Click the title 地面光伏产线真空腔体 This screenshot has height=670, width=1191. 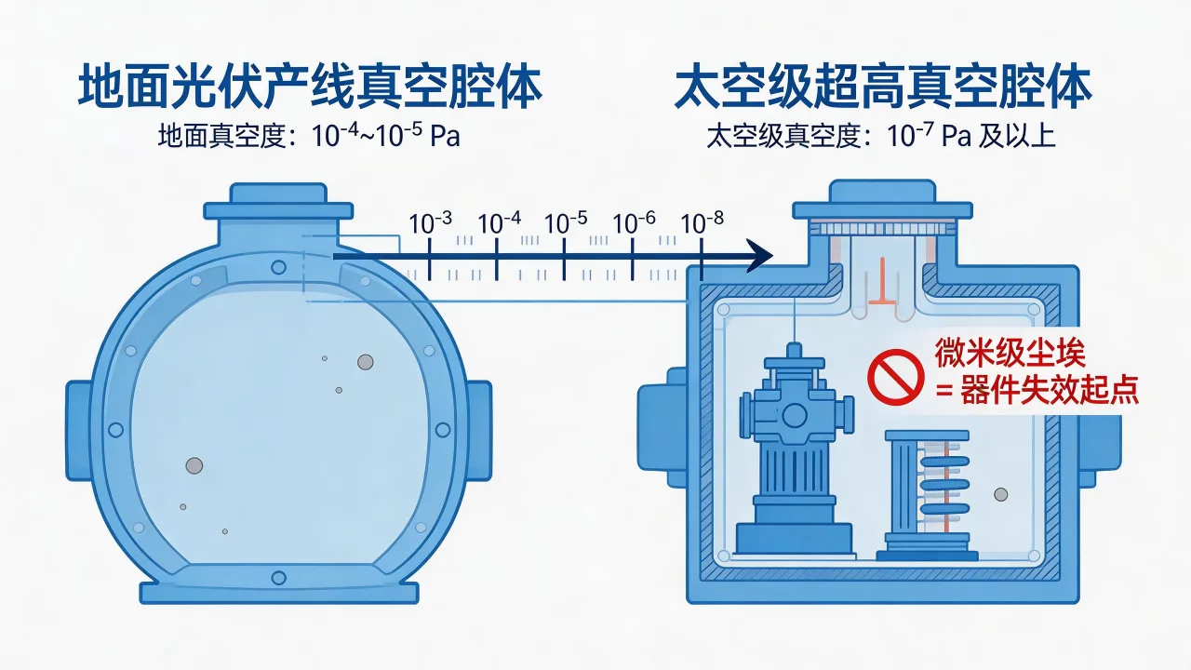point(309,88)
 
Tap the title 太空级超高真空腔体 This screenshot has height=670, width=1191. point(882,88)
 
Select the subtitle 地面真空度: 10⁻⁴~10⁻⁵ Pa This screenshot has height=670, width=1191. point(309,136)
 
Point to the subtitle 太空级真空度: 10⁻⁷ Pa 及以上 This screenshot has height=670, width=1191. point(881,136)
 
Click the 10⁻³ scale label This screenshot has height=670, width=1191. point(431,223)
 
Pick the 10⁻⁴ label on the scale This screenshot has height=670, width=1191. point(500,223)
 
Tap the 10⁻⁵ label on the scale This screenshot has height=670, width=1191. point(566,223)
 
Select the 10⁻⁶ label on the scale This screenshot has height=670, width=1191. point(635,223)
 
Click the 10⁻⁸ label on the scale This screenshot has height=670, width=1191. point(703,223)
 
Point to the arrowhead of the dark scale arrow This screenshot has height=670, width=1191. point(761,255)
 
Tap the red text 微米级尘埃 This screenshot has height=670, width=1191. point(1010,354)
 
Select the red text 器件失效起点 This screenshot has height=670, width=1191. point(1047,391)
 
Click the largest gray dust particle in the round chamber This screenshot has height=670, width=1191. point(194,465)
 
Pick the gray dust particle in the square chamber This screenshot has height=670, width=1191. point(1001,494)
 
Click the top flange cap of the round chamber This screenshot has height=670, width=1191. point(278,196)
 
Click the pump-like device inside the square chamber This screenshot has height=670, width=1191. point(794,447)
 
